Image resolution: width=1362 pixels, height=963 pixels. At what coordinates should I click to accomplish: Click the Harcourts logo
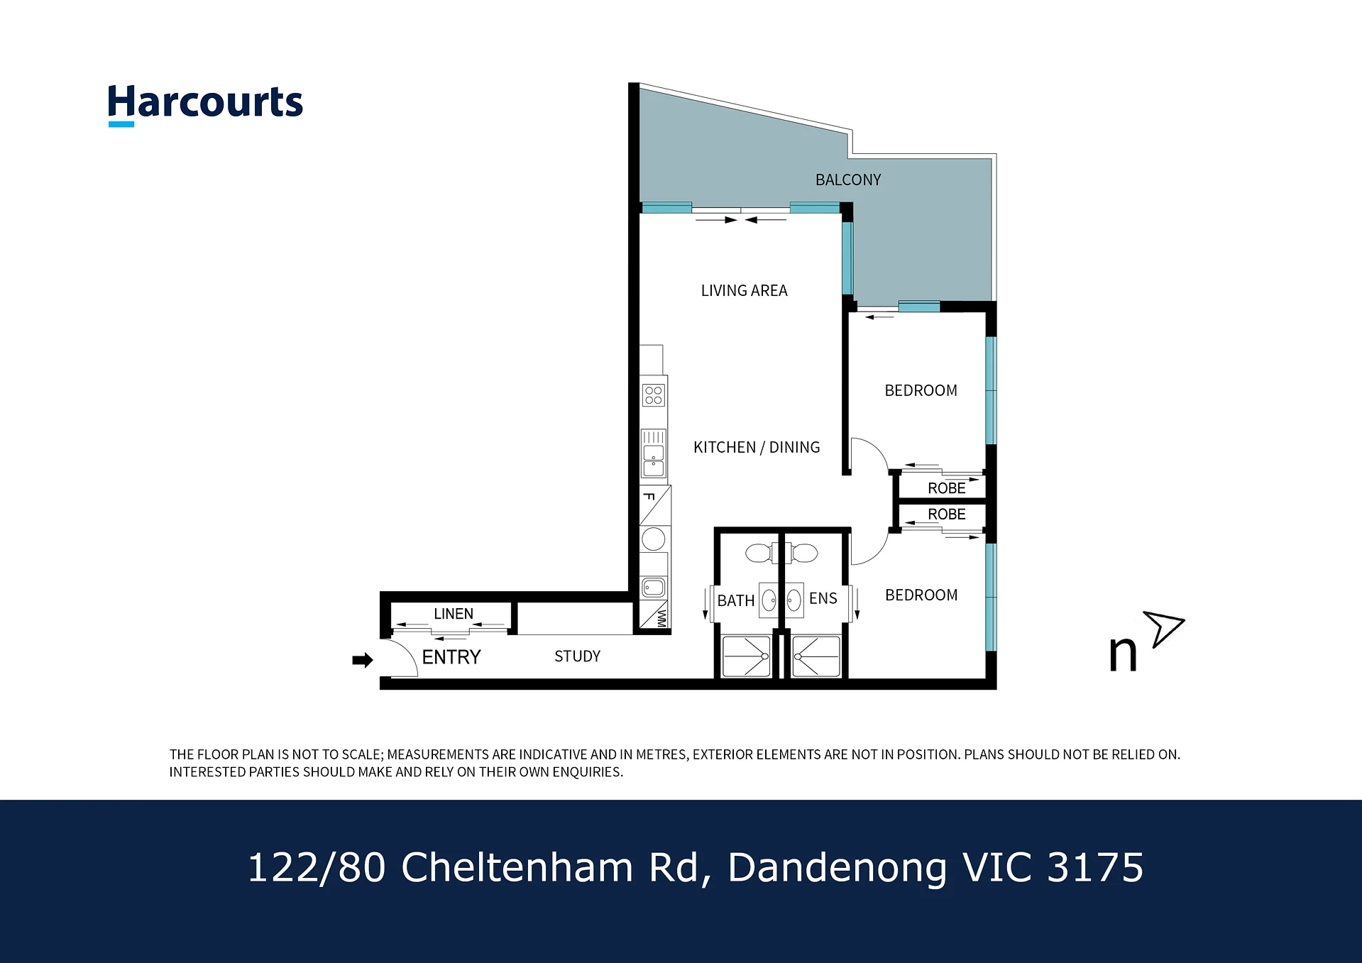pos(205,104)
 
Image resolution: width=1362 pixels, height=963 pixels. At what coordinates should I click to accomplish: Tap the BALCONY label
pos(848,180)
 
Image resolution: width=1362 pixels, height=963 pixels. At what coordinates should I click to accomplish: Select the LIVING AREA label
pos(744,290)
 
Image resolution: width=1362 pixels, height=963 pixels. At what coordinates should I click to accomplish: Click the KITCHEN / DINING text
pos(757,447)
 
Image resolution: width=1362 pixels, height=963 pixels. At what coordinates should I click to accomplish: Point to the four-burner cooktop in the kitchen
pos(654,395)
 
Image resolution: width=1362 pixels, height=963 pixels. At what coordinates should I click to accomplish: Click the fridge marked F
pos(655,505)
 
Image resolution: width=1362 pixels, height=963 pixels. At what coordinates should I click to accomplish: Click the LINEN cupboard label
pos(454,614)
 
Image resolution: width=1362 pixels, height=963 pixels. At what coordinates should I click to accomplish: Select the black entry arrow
pos(363,661)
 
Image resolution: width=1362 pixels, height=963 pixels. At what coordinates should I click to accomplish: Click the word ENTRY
pos(451,657)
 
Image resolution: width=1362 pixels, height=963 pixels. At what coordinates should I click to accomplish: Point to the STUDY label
pos(577,656)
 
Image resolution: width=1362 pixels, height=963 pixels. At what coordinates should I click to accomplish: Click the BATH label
pos(735,601)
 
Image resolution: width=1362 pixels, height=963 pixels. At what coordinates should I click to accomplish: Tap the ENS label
pos(823,598)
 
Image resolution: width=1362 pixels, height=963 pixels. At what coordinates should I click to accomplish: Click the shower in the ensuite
pos(816,656)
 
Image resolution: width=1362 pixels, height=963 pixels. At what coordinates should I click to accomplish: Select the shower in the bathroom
pos(746,656)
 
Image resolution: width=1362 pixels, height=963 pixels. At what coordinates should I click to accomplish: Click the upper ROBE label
pos(947,488)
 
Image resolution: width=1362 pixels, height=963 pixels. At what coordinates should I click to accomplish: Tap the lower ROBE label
pos(947,514)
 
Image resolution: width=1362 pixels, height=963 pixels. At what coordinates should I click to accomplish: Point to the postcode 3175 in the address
pos(1095,867)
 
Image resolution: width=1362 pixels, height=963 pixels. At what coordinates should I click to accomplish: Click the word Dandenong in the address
pos(837,867)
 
